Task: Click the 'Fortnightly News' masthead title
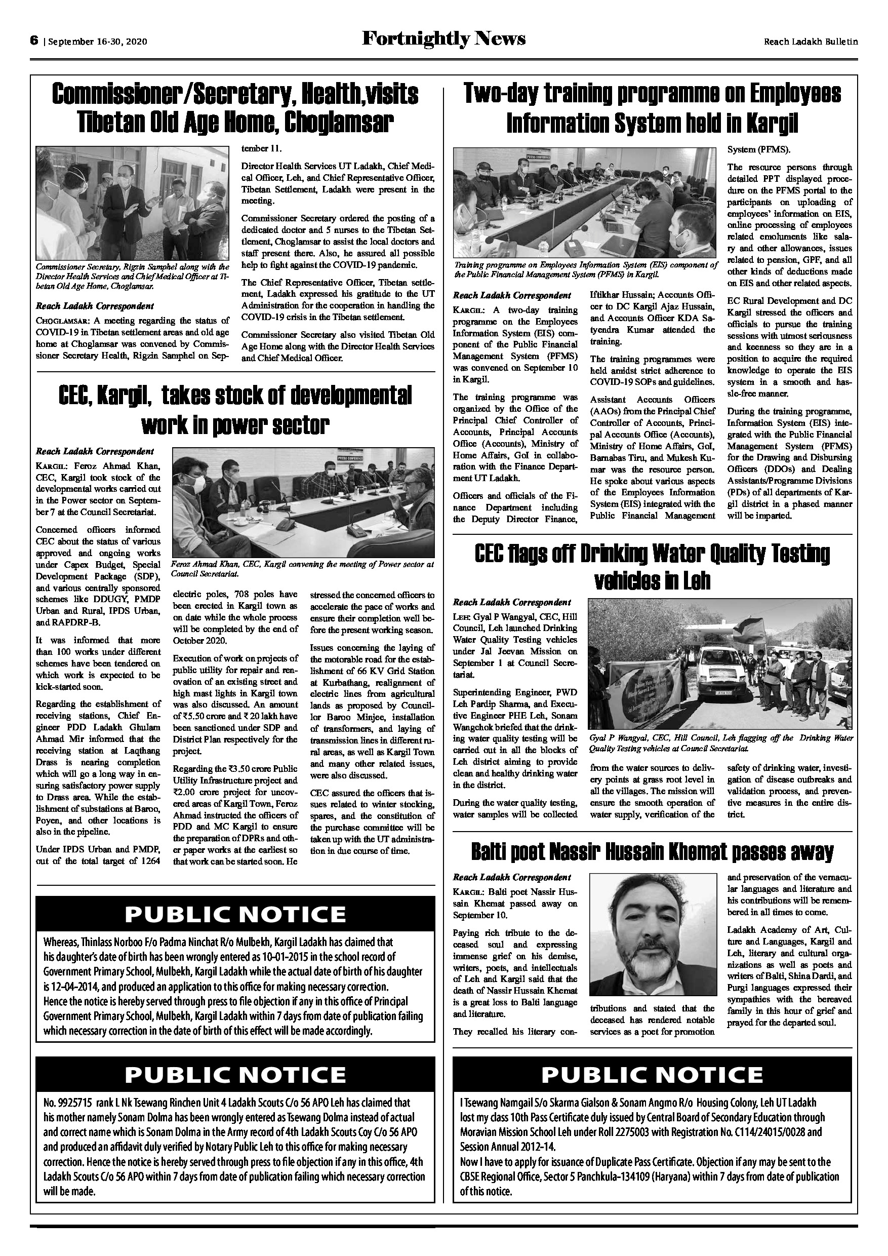443,39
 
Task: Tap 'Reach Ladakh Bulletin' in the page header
811,42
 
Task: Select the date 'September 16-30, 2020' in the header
98,42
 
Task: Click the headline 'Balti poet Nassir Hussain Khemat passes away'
652,852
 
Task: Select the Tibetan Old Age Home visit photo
132,203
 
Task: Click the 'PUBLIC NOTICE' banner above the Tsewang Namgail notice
652,1074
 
